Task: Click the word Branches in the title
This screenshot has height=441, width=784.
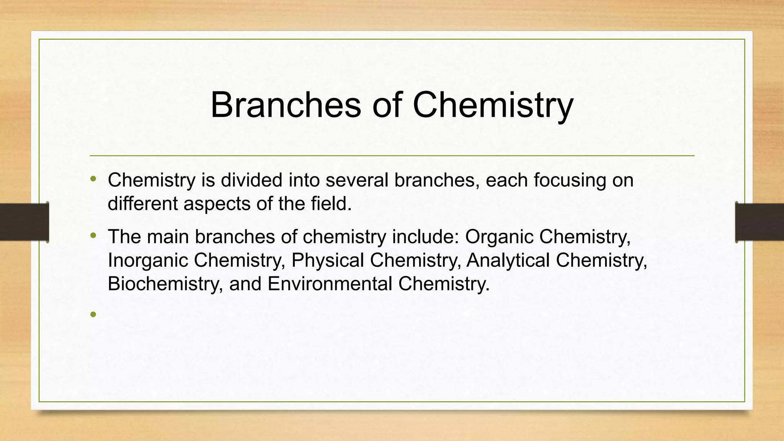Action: tap(286, 105)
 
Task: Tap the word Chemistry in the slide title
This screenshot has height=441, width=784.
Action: tap(493, 105)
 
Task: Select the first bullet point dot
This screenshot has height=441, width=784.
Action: tap(93, 179)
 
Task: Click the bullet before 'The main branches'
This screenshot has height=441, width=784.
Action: tap(93, 235)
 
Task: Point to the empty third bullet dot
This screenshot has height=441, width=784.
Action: tap(93, 315)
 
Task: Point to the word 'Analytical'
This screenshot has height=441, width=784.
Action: tap(508, 261)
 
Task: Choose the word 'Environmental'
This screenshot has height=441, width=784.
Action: tap(330, 284)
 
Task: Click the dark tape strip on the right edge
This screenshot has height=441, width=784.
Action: tap(759, 222)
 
